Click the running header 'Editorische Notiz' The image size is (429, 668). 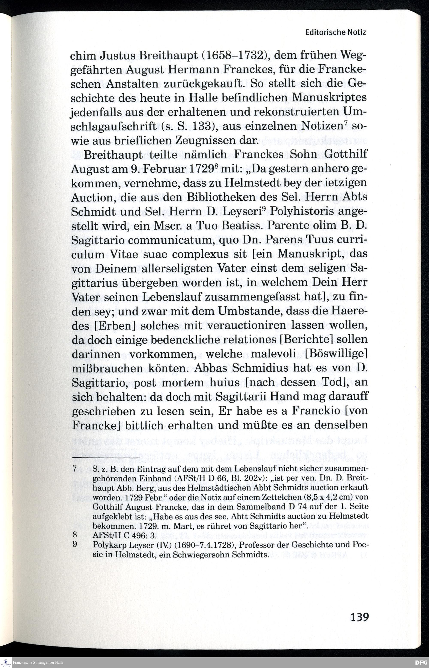[335, 32]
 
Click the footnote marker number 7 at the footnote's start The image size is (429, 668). [74, 469]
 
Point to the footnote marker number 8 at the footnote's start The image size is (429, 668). [74, 535]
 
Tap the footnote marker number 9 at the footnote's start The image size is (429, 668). [74, 544]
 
